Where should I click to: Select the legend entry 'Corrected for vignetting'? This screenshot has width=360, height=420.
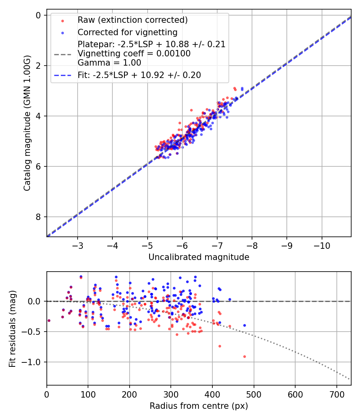pyautogui.click(x=127, y=32)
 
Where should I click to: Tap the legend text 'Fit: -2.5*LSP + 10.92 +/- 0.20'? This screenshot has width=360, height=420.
pyautogui.click(x=139, y=75)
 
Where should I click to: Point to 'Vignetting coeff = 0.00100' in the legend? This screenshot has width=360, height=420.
pyautogui.click(x=134, y=53)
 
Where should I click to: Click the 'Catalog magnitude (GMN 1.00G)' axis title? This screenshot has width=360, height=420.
pyautogui.click(x=27, y=123)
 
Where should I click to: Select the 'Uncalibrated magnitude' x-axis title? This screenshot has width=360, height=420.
pyautogui.click(x=199, y=257)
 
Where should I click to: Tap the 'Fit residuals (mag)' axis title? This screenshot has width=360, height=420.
pyautogui.click(x=12, y=329)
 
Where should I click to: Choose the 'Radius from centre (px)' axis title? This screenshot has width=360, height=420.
pyautogui.click(x=199, y=406)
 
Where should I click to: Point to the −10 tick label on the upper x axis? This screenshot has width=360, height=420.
pyautogui.click(x=322, y=245)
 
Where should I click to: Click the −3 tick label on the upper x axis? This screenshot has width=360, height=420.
pyautogui.click(x=78, y=245)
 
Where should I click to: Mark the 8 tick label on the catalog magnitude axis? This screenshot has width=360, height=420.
pyautogui.click(x=38, y=217)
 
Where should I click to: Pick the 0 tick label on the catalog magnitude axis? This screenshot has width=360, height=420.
pyautogui.click(x=38, y=15)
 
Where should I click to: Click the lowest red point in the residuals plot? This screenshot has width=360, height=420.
pyautogui.click(x=244, y=356)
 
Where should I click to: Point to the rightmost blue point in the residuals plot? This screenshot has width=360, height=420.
pyautogui.click(x=244, y=325)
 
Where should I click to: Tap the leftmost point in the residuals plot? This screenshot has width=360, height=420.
pyautogui.click(x=49, y=320)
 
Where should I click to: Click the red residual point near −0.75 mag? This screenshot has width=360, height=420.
pyautogui.click(x=220, y=346)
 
